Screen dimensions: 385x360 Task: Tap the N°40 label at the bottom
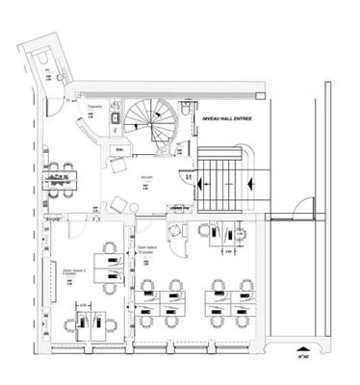pos(302,354)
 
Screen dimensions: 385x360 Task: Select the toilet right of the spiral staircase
pos(183,112)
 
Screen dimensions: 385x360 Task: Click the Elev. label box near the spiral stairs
pos(121,151)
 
